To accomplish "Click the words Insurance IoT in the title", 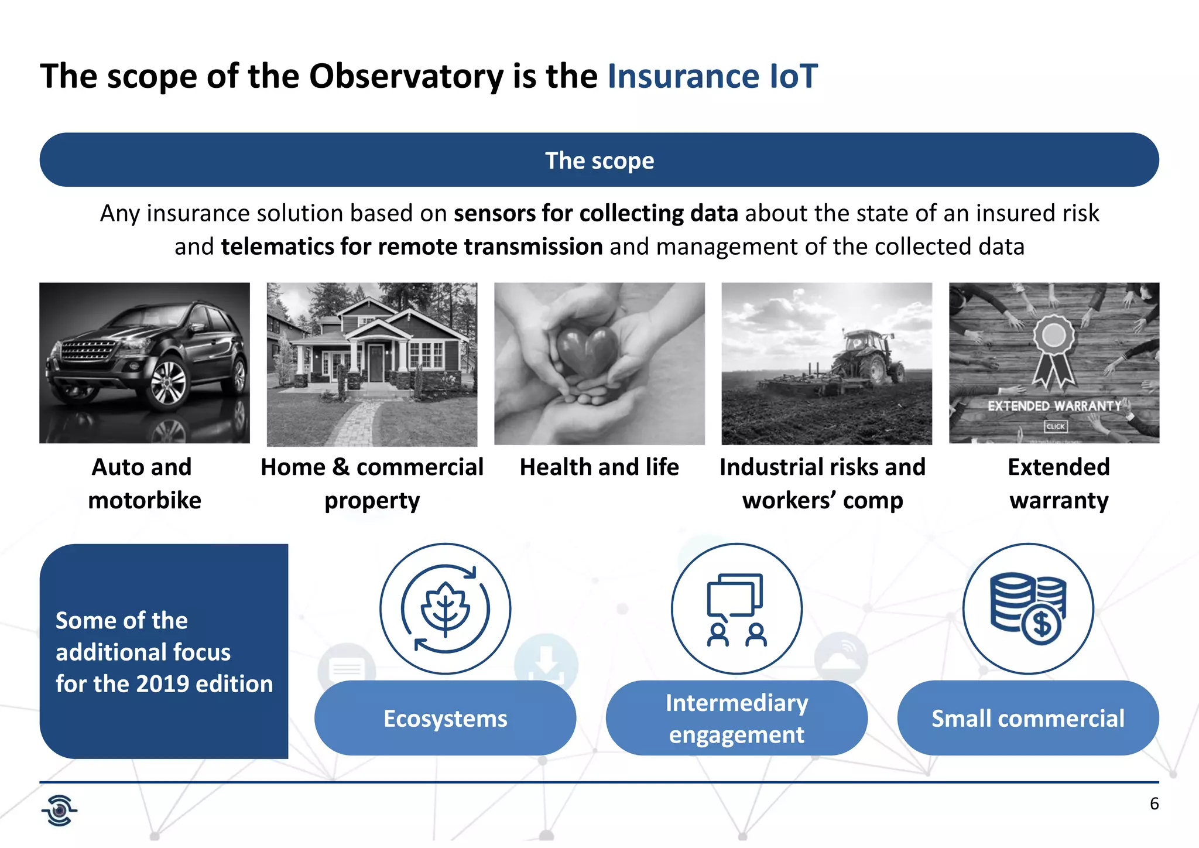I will (712, 76).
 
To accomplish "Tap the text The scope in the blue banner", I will (599, 160).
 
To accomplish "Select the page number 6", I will (1154, 803).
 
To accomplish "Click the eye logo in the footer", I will (59, 811).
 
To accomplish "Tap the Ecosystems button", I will (445, 719).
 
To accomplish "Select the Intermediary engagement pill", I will (736, 719).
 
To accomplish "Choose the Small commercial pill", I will (1027, 719).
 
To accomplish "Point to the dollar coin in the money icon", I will (1042, 624).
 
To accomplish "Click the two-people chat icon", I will (736, 609).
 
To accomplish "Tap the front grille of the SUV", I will (88, 351).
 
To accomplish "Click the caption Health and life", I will (599, 467).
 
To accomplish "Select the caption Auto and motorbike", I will (144, 484).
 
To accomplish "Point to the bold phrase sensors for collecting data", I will (595, 213).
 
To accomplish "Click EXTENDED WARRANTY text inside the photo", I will (1054, 406).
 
